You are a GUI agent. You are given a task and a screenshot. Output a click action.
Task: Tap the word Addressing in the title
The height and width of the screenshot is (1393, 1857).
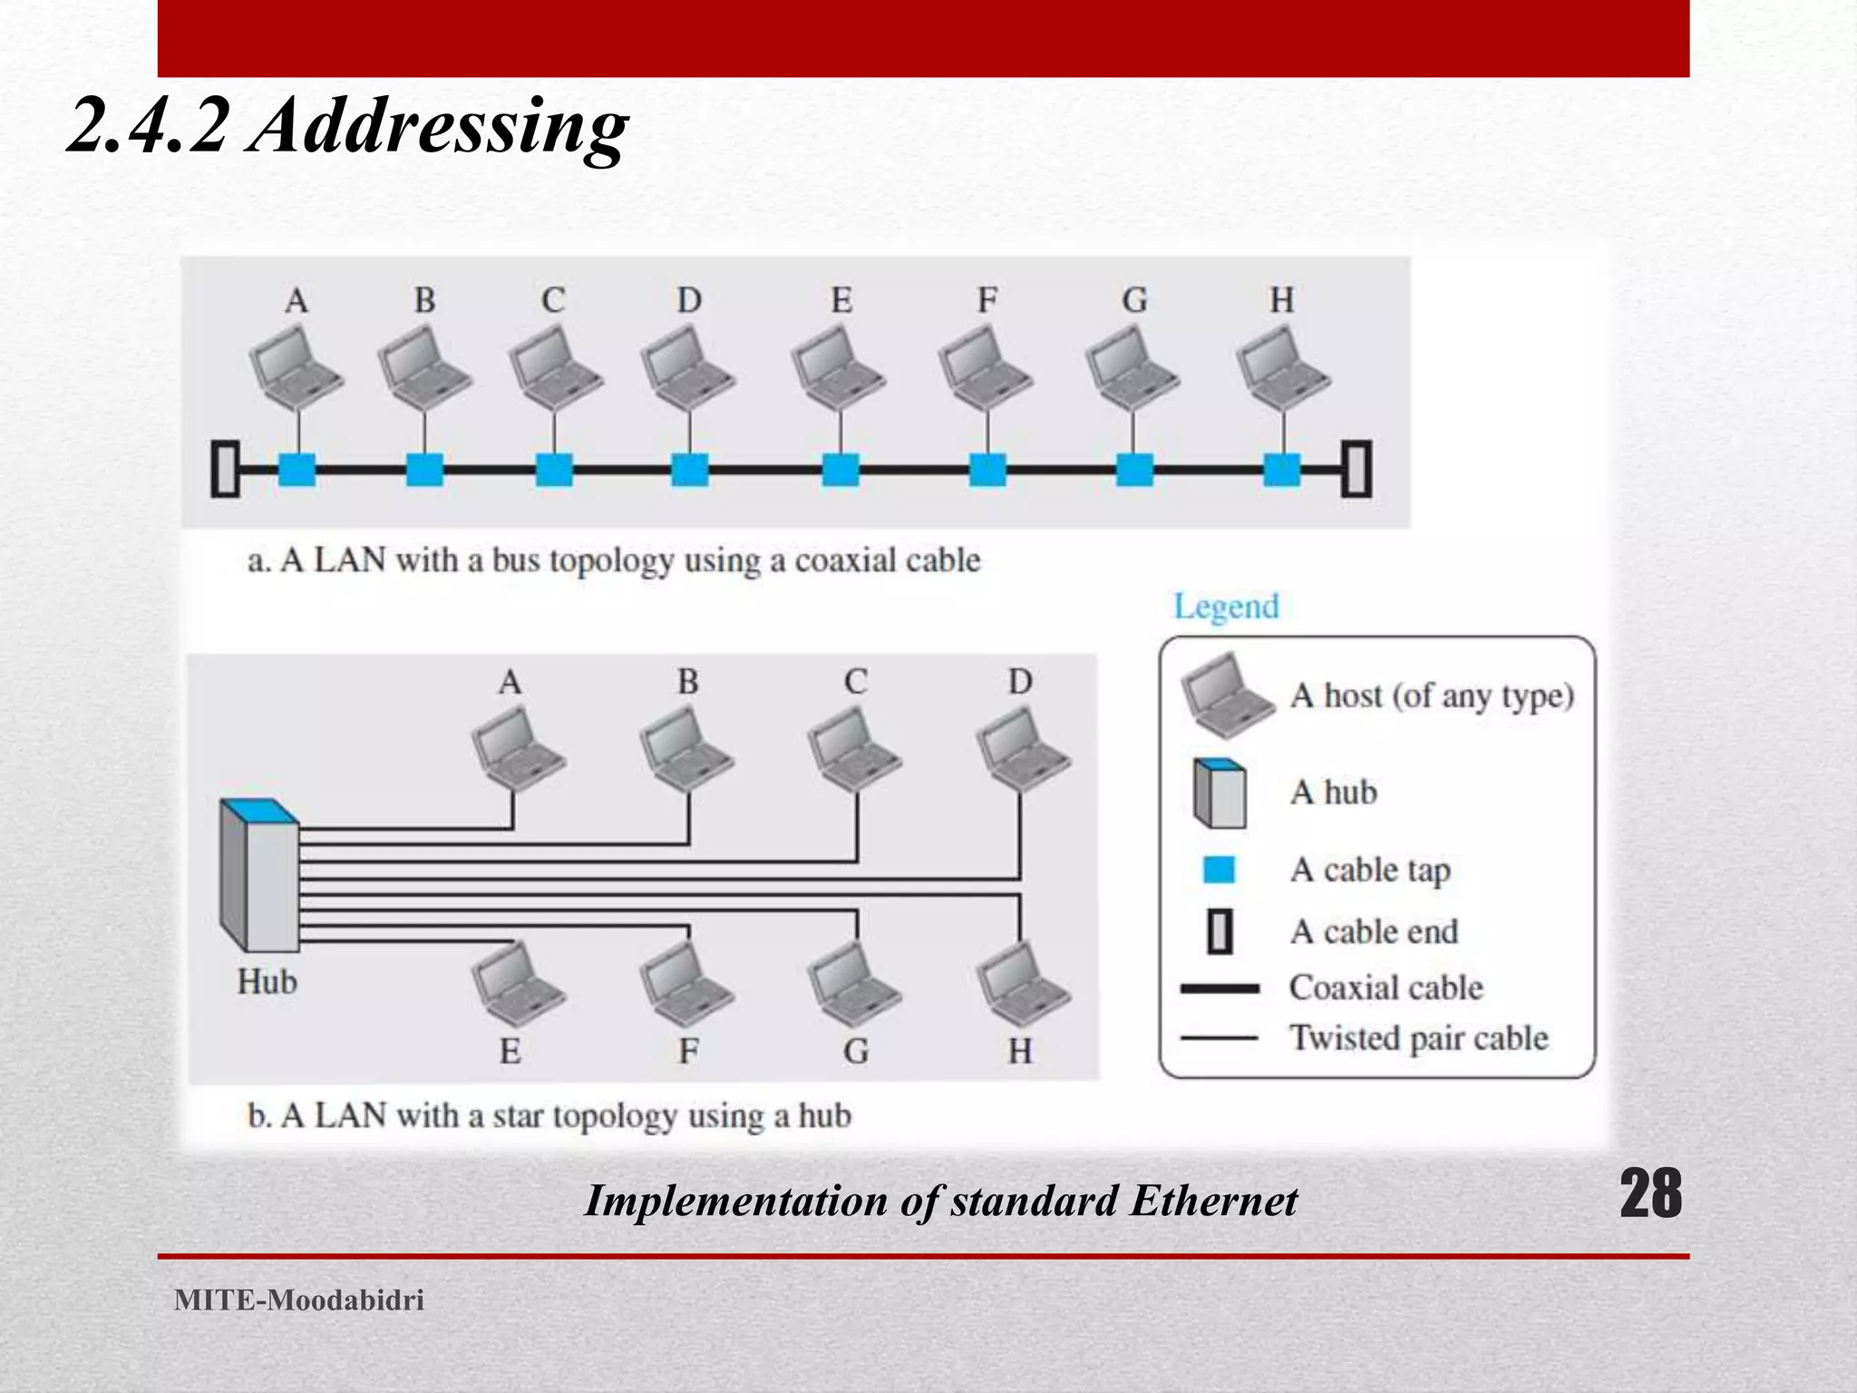[x=439, y=127]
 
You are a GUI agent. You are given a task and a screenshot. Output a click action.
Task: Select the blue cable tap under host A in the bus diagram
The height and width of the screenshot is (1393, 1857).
[x=297, y=470]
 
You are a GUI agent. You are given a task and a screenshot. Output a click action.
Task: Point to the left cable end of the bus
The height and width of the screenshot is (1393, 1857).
[x=225, y=469]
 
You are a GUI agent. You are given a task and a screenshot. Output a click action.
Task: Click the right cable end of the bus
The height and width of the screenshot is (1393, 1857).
[x=1356, y=469]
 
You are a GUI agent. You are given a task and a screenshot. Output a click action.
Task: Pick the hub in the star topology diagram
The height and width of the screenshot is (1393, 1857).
[x=259, y=874]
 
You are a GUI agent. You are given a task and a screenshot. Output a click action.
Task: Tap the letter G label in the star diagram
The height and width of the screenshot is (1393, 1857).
[x=856, y=1052]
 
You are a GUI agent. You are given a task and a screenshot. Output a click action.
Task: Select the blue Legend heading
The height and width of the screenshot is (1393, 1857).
[x=1226, y=606]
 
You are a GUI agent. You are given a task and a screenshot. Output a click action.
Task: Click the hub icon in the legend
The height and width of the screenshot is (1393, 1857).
[x=1220, y=794]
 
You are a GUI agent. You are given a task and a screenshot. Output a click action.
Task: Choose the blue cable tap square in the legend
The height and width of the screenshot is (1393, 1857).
[x=1219, y=870]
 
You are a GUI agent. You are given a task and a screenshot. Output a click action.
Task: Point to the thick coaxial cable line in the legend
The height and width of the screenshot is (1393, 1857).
[x=1220, y=989]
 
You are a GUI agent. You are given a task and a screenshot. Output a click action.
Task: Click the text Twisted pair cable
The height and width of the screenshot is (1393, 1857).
[x=1418, y=1038]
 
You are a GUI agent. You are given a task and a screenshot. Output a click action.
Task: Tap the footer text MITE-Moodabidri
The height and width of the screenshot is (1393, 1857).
[x=299, y=1300]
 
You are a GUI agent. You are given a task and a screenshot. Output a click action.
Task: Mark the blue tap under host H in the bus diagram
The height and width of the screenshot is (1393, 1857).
[x=1281, y=470]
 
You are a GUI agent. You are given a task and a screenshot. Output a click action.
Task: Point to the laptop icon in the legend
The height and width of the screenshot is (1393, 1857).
[x=1225, y=694]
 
